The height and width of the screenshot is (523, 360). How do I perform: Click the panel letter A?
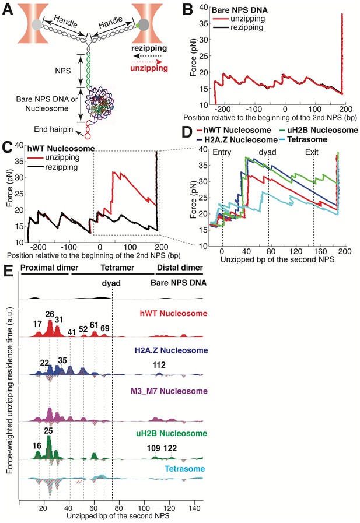pyautogui.click(x=8, y=9)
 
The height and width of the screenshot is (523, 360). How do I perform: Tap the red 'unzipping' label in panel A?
pyautogui.click(x=149, y=68)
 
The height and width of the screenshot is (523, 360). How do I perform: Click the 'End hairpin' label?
pyautogui.click(x=53, y=129)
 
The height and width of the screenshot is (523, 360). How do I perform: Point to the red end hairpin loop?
pyautogui.click(x=88, y=135)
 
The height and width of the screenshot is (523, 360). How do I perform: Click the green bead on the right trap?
pyautogui.click(x=138, y=25)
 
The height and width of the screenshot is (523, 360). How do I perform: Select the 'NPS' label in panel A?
pyautogui.click(x=63, y=71)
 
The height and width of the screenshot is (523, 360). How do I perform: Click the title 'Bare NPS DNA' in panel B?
pyautogui.click(x=240, y=10)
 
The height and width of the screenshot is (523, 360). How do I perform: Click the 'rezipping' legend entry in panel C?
pyautogui.click(x=61, y=167)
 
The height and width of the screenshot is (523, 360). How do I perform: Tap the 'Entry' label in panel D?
pyautogui.click(x=222, y=152)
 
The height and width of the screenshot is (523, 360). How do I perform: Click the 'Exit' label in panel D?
pyautogui.click(x=312, y=152)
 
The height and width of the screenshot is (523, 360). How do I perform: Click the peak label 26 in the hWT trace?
pyautogui.click(x=50, y=314)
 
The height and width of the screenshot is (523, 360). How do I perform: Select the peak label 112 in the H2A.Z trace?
pyautogui.click(x=159, y=365)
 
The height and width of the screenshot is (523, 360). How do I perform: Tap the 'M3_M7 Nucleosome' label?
pyautogui.click(x=169, y=391)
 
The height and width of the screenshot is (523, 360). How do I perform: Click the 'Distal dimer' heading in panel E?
pyautogui.click(x=180, y=268)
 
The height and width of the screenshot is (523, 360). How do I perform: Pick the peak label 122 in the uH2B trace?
pyautogui.click(x=170, y=448)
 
